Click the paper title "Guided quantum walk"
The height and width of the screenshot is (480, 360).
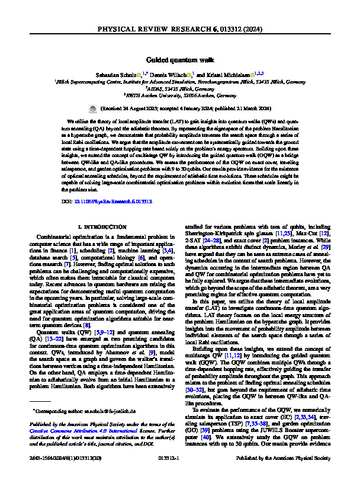point(180,59)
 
